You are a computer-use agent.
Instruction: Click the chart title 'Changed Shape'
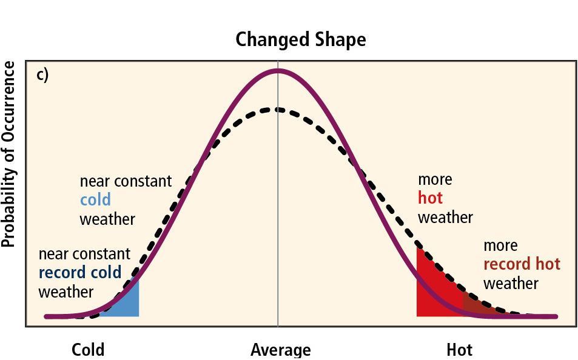click(x=301, y=40)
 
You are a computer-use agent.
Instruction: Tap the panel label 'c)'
click(x=42, y=75)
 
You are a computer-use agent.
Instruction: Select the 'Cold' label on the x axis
click(x=88, y=350)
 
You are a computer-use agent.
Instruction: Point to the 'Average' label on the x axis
click(x=280, y=350)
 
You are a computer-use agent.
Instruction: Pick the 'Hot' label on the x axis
click(x=459, y=350)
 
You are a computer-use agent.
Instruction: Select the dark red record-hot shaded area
click(x=476, y=307)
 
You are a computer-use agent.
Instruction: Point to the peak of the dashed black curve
click(x=278, y=110)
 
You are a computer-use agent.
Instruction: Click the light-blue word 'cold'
click(x=95, y=200)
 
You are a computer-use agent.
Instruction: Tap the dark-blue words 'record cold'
click(x=80, y=273)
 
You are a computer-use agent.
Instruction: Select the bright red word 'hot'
click(x=430, y=198)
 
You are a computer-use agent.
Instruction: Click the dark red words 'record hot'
click(x=522, y=264)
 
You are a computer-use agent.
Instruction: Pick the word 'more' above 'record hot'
click(x=500, y=245)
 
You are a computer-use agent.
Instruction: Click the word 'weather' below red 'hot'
click(x=445, y=217)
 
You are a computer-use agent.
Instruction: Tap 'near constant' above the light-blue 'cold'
click(x=126, y=181)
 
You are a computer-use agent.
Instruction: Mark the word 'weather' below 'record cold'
click(x=66, y=292)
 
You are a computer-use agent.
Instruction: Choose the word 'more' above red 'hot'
click(x=435, y=179)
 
